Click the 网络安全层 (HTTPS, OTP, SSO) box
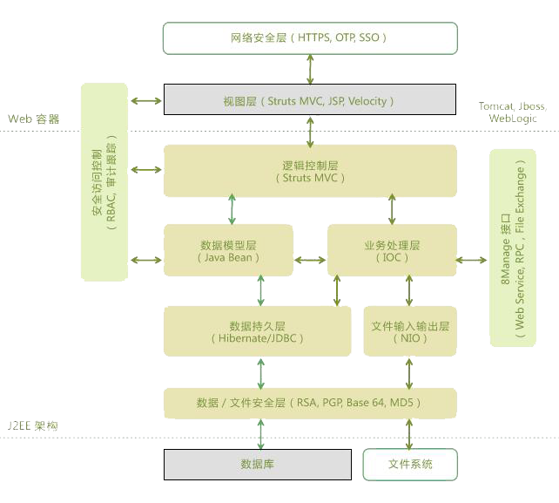tap(310, 38)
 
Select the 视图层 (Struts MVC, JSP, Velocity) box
tap(310, 100)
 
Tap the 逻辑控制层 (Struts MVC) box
tap(310, 170)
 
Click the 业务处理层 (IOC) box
tap(392, 251)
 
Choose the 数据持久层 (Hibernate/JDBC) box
tap(257, 331)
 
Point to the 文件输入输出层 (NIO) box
tap(410, 331)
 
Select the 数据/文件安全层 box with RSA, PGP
tap(310, 403)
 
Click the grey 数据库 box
tap(257, 464)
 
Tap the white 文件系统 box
tap(410, 464)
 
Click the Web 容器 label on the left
tap(35, 119)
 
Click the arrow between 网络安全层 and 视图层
tap(310, 69)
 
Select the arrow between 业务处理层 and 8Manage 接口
tap(473, 259)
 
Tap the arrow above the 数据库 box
tap(259, 432)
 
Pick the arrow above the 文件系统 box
tap(409, 432)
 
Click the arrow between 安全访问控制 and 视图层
tap(146, 101)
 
